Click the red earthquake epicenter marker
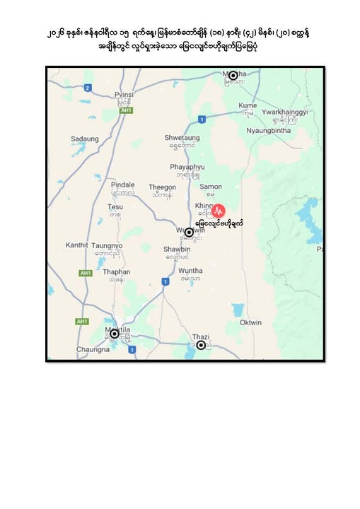coord(219,210)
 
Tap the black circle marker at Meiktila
coord(114,334)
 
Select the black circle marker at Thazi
coord(201,345)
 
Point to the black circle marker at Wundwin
coord(189,232)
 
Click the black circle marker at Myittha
coord(233,75)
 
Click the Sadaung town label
coord(86,139)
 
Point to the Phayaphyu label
coord(187,167)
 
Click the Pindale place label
coord(122,184)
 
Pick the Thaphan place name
coord(117,271)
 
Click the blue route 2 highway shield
coord(87,88)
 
